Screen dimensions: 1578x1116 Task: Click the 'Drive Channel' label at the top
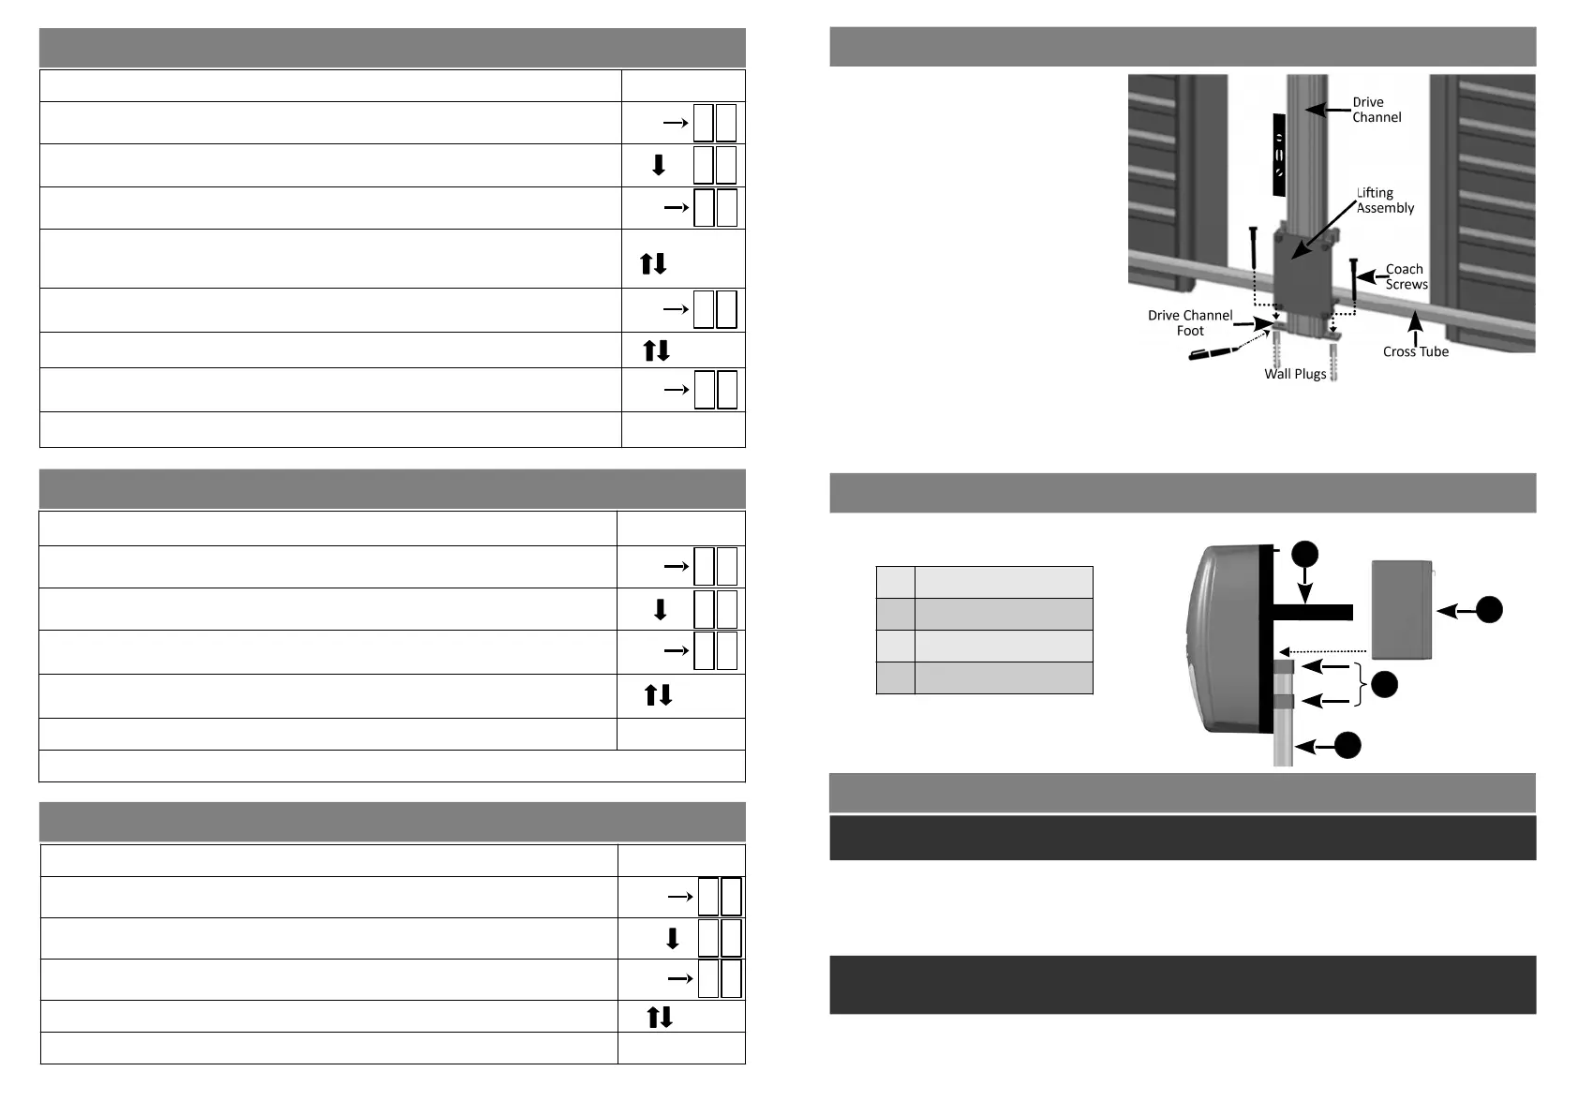(1376, 110)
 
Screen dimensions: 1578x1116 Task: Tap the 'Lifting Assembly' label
(1384, 201)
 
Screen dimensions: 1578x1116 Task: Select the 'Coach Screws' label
(1406, 276)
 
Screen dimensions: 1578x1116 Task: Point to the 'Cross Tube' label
(1415, 351)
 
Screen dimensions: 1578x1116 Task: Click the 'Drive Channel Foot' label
(1189, 322)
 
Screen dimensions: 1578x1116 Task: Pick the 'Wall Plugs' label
(1295, 374)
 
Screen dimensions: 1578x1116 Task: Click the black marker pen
(1211, 353)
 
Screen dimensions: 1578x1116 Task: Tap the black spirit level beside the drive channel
(1279, 155)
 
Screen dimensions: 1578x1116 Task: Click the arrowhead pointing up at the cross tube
(1415, 322)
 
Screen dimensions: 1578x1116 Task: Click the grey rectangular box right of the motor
(1402, 609)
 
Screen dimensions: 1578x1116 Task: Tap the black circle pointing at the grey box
(1488, 610)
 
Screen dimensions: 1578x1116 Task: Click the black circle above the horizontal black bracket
(1304, 554)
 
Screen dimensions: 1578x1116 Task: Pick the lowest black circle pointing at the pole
(1347, 746)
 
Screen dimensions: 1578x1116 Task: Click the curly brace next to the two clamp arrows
(1361, 684)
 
